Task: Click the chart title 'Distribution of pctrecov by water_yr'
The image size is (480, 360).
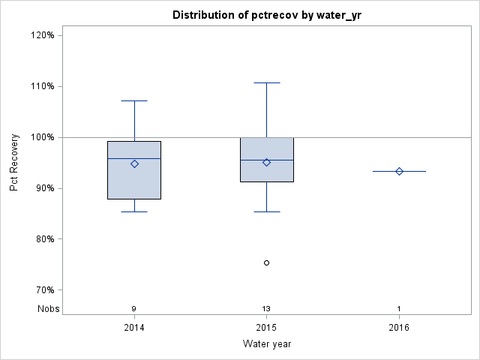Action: click(266, 15)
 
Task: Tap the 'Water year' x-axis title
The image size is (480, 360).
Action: click(266, 344)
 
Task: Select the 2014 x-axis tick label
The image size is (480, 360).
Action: click(134, 328)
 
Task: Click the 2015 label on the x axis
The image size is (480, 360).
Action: click(266, 328)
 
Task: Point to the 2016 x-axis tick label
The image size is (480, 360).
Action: click(399, 328)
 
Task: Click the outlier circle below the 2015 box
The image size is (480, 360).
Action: click(266, 262)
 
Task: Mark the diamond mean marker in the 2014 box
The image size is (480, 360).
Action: click(134, 163)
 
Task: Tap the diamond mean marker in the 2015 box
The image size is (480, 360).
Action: click(266, 162)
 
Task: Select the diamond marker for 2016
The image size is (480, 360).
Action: click(399, 171)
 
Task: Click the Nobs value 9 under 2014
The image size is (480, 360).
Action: click(134, 309)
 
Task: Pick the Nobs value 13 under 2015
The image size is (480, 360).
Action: click(266, 309)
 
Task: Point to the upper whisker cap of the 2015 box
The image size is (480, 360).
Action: click(266, 82)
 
